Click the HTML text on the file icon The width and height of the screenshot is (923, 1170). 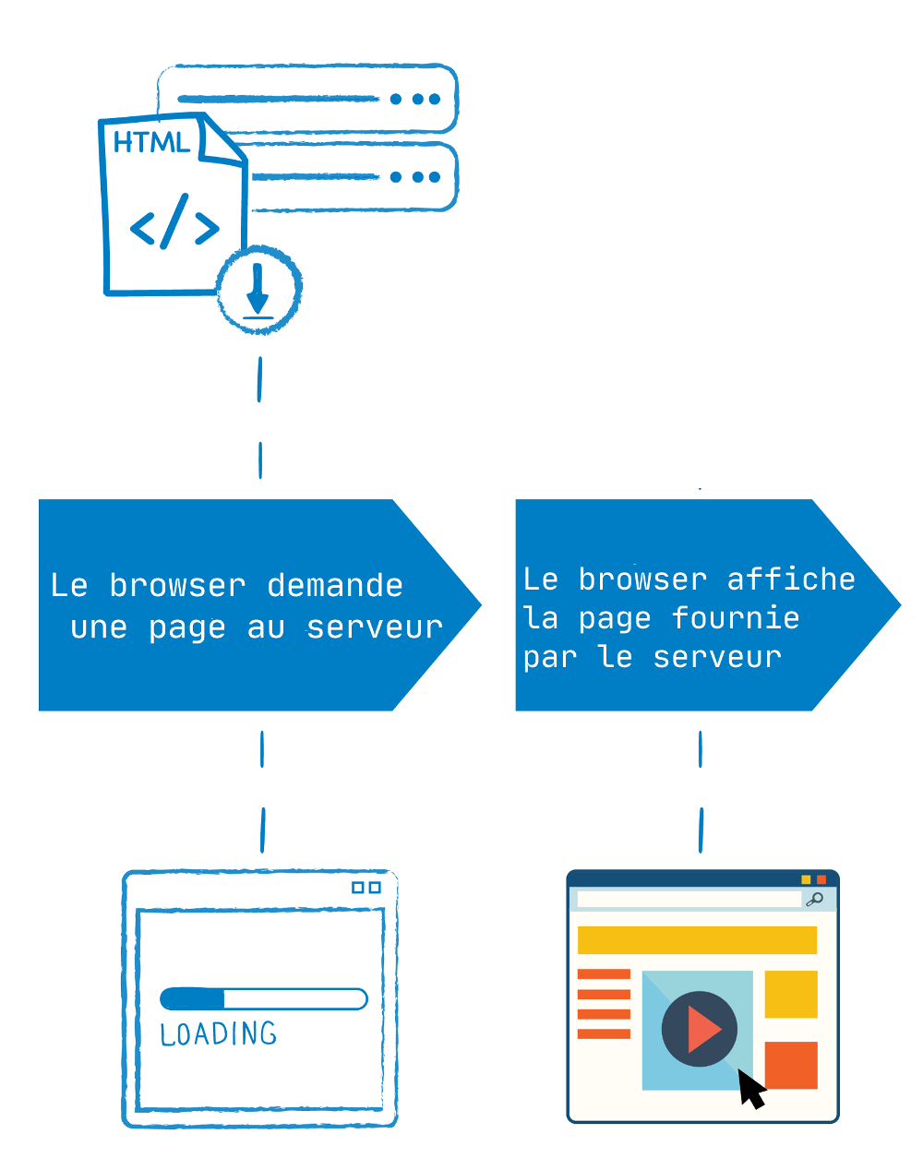[x=151, y=142]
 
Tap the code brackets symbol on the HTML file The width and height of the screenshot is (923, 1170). [x=174, y=222]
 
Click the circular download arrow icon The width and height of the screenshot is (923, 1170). [x=258, y=289]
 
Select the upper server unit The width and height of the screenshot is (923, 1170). [x=307, y=99]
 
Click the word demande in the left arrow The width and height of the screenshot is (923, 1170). [x=335, y=586]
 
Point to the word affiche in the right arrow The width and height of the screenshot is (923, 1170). [x=791, y=579]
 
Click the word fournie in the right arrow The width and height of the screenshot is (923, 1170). [x=736, y=618]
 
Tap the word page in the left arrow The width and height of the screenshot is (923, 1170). [x=186, y=628]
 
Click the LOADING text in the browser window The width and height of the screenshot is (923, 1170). [x=219, y=1033]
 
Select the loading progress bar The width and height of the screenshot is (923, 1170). [x=263, y=998]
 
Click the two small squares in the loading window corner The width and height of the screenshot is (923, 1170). [x=366, y=888]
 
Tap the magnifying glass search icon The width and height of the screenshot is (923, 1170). [x=814, y=900]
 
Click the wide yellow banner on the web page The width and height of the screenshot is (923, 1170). [x=697, y=940]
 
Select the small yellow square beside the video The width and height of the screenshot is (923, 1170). [x=791, y=994]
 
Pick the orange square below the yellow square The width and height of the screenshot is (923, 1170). [x=791, y=1065]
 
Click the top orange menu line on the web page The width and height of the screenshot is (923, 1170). [x=604, y=974]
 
